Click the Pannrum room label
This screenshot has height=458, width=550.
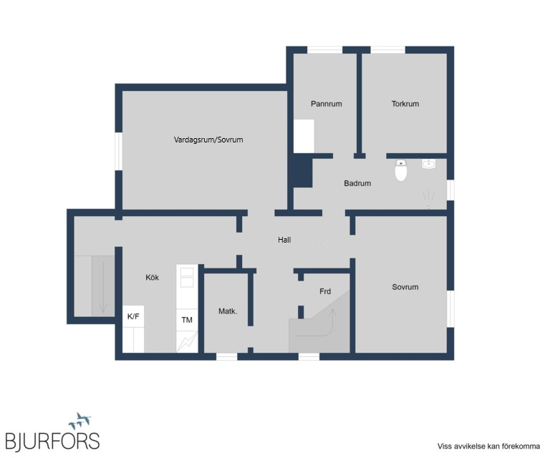coord(327,104)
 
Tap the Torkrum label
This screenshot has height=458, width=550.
coord(405,104)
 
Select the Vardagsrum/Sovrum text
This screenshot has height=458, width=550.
coord(208,140)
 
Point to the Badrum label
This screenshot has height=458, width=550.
coord(357,183)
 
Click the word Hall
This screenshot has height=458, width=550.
coord(284,240)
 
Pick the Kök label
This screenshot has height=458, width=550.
coord(153,277)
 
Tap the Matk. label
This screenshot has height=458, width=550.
coord(228,311)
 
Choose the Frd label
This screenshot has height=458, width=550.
coord(325,291)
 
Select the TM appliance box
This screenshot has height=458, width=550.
coord(187,320)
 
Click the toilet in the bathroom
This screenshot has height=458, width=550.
coord(400,170)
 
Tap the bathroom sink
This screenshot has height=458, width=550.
coord(429,165)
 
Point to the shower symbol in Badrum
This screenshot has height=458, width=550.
coord(428,199)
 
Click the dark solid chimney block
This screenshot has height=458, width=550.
coord(302,170)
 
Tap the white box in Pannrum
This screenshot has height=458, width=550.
coord(304,136)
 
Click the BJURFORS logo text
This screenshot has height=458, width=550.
coord(52,441)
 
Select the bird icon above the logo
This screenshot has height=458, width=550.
coord(80,421)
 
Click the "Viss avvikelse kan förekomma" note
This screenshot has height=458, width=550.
coord(488,446)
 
